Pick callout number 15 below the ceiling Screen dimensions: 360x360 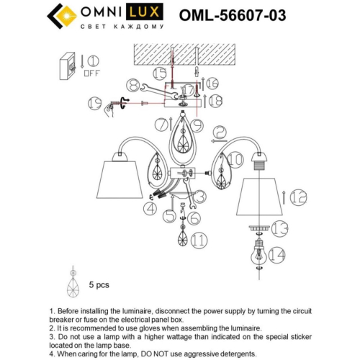tap(160, 73)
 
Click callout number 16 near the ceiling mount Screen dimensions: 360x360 tap(212, 84)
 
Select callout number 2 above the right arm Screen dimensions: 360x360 tap(220, 133)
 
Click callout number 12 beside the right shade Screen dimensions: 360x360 tap(299, 195)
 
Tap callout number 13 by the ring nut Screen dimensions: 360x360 tap(279, 229)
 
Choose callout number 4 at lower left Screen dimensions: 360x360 tap(150, 209)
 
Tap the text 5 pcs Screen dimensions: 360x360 tap(99, 284)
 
